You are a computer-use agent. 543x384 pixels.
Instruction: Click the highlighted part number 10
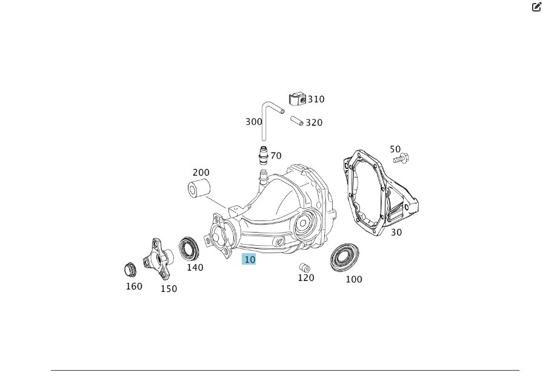pyautogui.click(x=249, y=259)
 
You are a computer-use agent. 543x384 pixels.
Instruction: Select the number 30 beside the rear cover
pyautogui.click(x=396, y=233)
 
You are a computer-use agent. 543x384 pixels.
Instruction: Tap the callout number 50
pyautogui.click(x=395, y=150)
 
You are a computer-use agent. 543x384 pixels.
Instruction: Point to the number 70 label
pyautogui.click(x=276, y=156)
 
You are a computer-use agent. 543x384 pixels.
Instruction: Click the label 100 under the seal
pyautogui.click(x=354, y=280)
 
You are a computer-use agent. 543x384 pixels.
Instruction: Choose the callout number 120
pyautogui.click(x=306, y=278)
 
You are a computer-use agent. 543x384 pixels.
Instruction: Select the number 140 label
pyautogui.click(x=195, y=268)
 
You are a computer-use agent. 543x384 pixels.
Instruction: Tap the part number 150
pyautogui.click(x=168, y=289)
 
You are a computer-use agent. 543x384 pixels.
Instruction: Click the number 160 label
pyautogui.click(x=134, y=286)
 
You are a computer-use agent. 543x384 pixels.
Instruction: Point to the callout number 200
pyautogui.click(x=201, y=173)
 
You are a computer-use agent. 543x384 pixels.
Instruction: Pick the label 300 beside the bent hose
pyautogui.click(x=254, y=122)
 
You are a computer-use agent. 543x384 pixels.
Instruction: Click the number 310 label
pyautogui.click(x=316, y=99)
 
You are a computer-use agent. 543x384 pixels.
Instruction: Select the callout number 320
pyautogui.click(x=314, y=123)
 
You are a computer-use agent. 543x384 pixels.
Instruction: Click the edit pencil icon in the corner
pyautogui.click(x=536, y=7)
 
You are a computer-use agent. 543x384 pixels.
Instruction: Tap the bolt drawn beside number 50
pyautogui.click(x=401, y=159)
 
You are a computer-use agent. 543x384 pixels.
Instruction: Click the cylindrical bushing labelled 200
pyautogui.click(x=199, y=189)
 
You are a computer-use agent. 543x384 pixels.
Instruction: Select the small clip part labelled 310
pyautogui.click(x=298, y=99)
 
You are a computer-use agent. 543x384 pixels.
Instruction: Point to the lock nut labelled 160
pyautogui.click(x=130, y=270)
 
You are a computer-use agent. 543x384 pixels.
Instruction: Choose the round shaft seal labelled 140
pyautogui.click(x=188, y=248)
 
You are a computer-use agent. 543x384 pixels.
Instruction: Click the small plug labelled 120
pyautogui.click(x=305, y=268)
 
